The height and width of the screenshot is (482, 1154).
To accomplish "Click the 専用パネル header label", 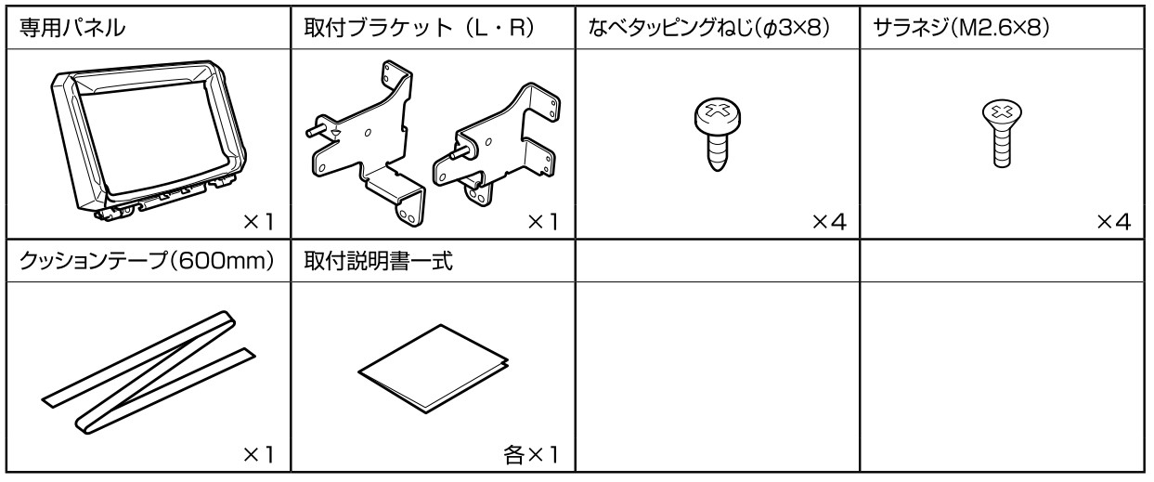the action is click(72, 28).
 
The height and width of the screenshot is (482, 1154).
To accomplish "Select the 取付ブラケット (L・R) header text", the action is click(420, 28).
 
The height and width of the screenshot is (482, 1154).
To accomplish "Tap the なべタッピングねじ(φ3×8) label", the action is click(709, 29).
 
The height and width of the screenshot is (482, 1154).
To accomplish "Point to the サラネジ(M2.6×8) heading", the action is click(961, 29).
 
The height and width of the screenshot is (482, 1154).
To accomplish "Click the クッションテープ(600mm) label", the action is click(147, 261).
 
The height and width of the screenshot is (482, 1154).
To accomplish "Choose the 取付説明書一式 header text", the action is click(379, 261).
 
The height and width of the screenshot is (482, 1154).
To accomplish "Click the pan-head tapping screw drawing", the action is click(717, 135).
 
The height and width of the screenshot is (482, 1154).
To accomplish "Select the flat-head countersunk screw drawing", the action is click(1002, 134).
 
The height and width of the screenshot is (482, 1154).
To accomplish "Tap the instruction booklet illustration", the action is click(434, 368).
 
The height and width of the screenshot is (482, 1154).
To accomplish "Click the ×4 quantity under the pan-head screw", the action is click(829, 222).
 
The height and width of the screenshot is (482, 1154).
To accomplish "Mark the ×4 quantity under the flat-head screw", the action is click(1113, 222).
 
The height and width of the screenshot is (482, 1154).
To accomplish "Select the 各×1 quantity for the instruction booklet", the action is click(531, 455).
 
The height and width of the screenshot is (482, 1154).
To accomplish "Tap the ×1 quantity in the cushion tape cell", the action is click(258, 455).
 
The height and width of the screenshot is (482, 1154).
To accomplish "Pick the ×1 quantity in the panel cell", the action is click(258, 222).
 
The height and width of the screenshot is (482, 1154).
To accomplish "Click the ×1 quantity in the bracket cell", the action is click(543, 222).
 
